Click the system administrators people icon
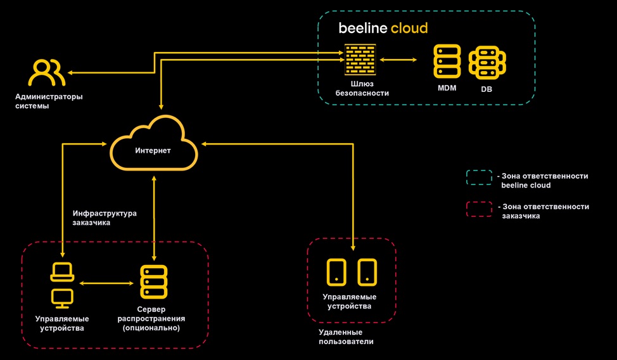[46, 73]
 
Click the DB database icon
[487, 61]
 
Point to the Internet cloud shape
[153, 145]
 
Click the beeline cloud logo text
[383, 29]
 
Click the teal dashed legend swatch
[480, 177]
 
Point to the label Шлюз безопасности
[362, 88]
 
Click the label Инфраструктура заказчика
[105, 218]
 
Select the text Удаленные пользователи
[346, 337]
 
